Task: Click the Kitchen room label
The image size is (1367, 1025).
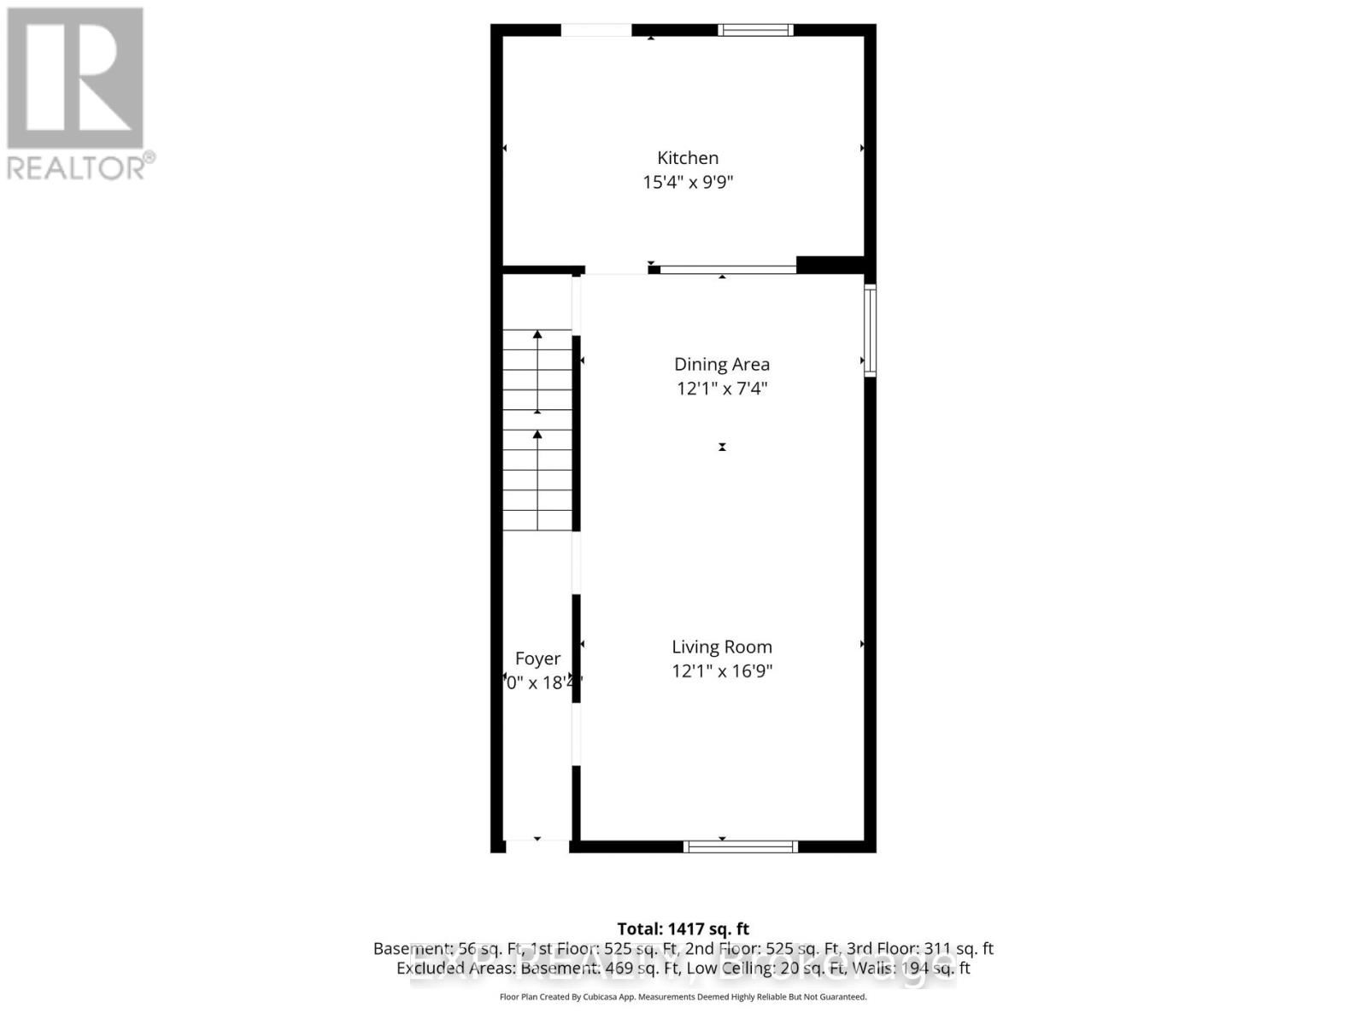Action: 687,158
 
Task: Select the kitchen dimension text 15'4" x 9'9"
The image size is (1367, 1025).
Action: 688,182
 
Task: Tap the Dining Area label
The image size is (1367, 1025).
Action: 722,365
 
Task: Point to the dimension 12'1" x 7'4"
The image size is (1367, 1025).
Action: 722,389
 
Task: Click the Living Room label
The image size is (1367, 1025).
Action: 722,647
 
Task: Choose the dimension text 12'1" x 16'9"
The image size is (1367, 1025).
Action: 722,671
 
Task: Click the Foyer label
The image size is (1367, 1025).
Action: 537,659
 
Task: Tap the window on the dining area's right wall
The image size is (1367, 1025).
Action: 870,330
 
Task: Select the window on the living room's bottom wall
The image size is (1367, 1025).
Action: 740,846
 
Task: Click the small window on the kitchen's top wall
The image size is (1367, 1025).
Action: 755,30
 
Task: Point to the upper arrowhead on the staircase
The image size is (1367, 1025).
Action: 537,336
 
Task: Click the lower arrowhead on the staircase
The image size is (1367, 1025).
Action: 537,435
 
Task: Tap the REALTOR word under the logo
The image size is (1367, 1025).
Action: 77,167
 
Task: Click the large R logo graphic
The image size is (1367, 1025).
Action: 75,78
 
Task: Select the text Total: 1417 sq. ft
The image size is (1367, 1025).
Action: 683,928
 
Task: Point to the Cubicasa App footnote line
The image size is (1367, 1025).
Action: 683,997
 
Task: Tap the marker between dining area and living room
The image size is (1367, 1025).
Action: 722,447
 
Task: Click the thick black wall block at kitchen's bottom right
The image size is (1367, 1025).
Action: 830,265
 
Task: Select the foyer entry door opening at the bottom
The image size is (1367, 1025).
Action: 537,846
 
